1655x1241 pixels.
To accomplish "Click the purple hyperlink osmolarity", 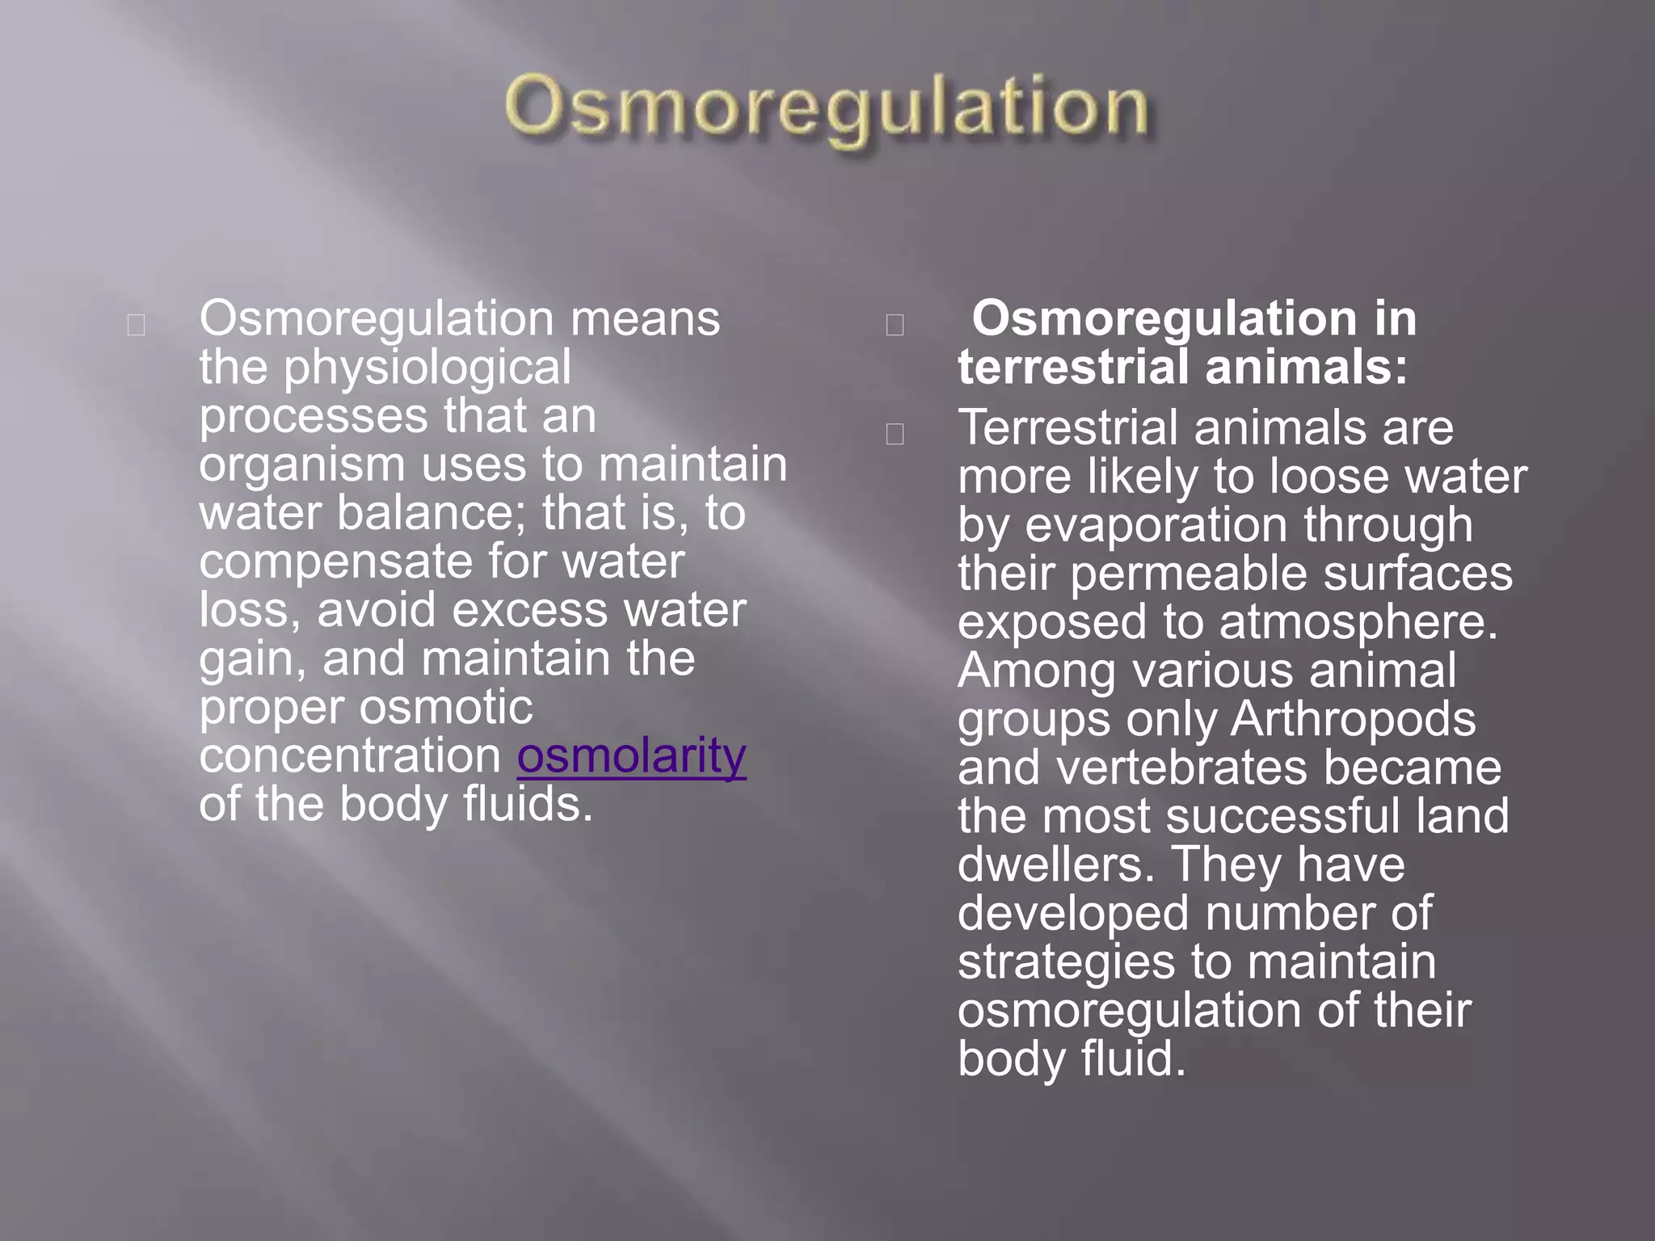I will (631, 757).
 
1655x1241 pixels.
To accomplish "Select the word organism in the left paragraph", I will (302, 466).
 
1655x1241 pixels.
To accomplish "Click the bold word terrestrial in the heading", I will (1072, 368).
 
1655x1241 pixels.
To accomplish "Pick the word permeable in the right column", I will (1189, 574).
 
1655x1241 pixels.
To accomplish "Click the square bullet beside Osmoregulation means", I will (137, 325).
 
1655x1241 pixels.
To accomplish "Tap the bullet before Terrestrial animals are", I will (895, 434).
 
